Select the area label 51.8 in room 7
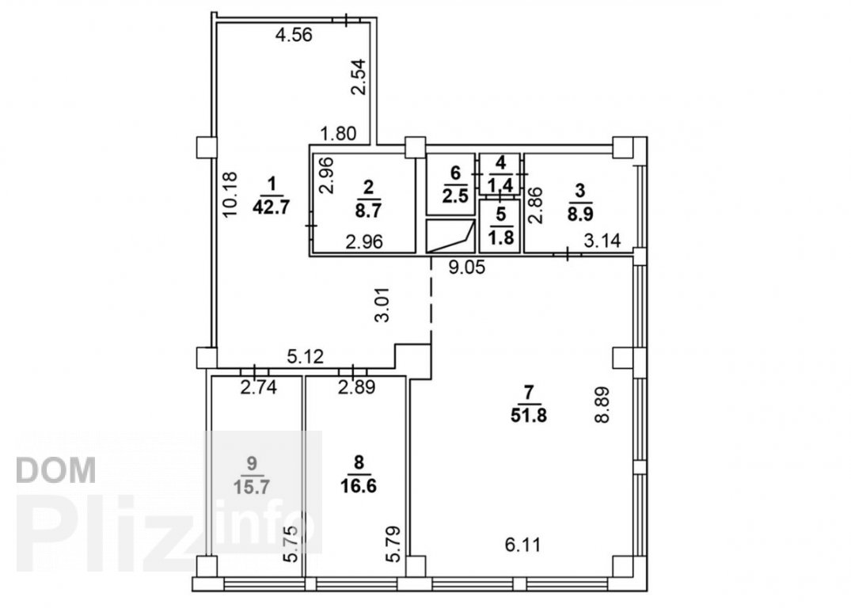click(x=529, y=416)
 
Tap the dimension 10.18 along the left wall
click(x=230, y=195)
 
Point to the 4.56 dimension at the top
click(x=294, y=36)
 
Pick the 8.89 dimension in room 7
click(x=603, y=404)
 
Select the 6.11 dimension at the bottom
click(x=523, y=545)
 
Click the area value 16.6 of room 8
click(x=359, y=484)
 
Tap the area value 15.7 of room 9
click(x=251, y=487)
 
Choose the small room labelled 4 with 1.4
click(x=500, y=173)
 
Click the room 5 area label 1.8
click(x=501, y=237)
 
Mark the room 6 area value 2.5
click(x=455, y=195)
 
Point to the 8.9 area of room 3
click(x=580, y=213)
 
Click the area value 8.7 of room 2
click(x=368, y=211)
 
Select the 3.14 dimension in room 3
click(x=602, y=240)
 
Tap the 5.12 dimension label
click(x=305, y=357)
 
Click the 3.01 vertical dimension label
click(x=383, y=305)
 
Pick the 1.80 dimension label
click(x=338, y=133)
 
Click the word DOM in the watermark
click(x=56, y=470)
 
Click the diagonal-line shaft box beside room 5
click(x=450, y=237)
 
